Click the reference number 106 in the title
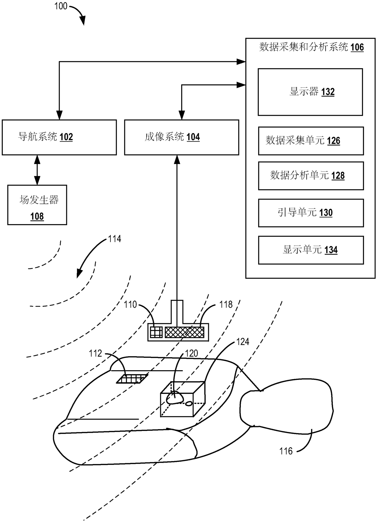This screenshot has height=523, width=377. (357, 47)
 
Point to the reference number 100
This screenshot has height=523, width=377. (61, 6)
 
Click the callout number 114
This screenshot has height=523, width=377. (115, 239)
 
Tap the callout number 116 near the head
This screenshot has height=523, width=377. (286, 451)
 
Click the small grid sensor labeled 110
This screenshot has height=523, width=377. (157, 332)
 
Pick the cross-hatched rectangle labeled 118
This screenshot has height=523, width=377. (185, 332)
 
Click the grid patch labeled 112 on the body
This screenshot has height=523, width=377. (132, 379)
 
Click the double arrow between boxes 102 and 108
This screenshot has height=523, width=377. (37, 170)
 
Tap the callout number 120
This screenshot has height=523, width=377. (192, 353)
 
